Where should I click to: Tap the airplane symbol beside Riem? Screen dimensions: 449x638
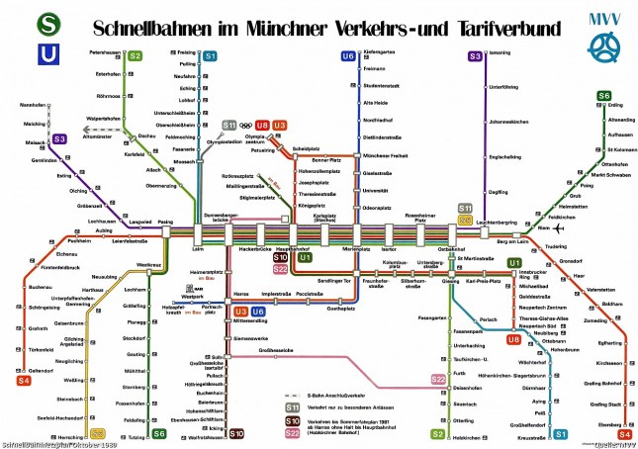point(549,225)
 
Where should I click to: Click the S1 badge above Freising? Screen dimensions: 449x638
point(210,56)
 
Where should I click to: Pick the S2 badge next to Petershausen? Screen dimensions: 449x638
point(136,56)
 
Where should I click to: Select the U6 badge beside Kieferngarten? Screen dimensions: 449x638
point(347,56)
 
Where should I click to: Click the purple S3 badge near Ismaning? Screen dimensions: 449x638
point(476,56)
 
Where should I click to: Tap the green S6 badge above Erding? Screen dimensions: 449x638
point(603,95)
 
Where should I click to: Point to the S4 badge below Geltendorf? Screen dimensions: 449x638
point(24,380)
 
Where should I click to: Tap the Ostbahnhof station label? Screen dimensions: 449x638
point(451,249)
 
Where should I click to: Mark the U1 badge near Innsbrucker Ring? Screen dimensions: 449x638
point(513,262)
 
